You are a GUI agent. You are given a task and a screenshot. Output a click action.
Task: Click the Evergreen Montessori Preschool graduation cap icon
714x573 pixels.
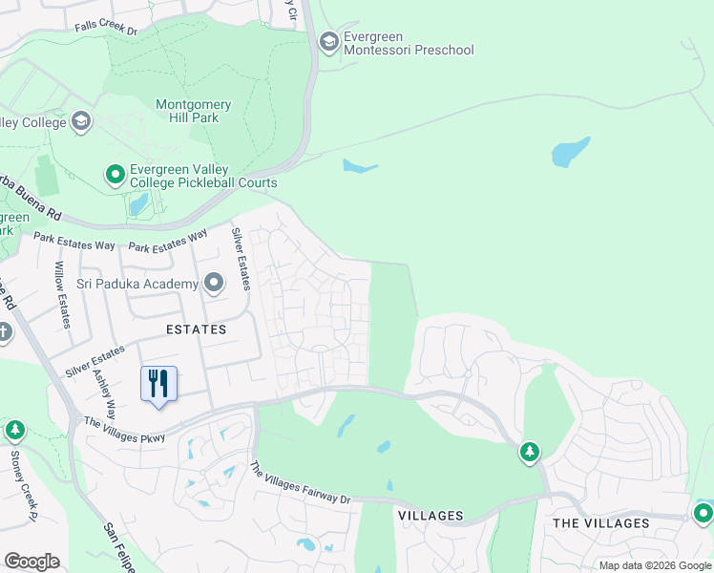pyautogui.click(x=329, y=41)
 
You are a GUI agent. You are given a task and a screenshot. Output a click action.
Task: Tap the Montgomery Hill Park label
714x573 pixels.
pyautogui.click(x=188, y=110)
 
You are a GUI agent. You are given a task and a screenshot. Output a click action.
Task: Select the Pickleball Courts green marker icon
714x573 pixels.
pyautogui.click(x=115, y=175)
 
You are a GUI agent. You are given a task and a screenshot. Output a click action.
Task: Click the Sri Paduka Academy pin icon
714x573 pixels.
pyautogui.click(x=213, y=283)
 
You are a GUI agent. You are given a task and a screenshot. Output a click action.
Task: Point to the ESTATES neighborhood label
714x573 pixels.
pyautogui.click(x=196, y=329)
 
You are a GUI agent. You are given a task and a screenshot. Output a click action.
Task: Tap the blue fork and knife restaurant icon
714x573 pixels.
pyautogui.click(x=158, y=384)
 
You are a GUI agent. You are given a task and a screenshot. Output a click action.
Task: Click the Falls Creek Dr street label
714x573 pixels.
pyautogui.click(x=107, y=30)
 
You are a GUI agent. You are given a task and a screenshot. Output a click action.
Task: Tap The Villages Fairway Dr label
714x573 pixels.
pyautogui.click(x=301, y=484)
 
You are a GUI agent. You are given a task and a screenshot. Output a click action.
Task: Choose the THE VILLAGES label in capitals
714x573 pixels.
pyautogui.click(x=601, y=523)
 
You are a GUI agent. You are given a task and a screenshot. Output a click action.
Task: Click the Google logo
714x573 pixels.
pyautogui.click(x=31, y=562)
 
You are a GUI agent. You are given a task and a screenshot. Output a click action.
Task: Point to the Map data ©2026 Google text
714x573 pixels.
pyautogui.click(x=655, y=565)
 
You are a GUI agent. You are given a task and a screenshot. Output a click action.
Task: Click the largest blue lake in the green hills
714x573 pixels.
pyautogui.click(x=571, y=151)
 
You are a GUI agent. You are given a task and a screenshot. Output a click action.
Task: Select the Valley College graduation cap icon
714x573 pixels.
pyautogui.click(x=81, y=121)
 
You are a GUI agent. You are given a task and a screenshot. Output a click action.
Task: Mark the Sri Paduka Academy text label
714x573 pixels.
pyautogui.click(x=138, y=284)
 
